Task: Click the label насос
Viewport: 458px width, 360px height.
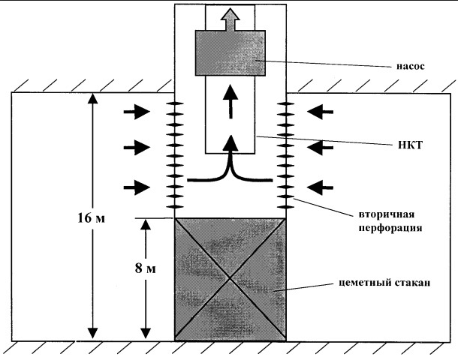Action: point(411,66)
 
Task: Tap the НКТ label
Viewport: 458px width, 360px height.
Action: point(411,145)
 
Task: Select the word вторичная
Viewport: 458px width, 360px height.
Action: point(386,214)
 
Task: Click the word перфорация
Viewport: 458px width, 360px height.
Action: point(390,228)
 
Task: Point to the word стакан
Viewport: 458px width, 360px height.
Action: point(412,283)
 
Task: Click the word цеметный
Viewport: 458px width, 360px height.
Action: point(365,283)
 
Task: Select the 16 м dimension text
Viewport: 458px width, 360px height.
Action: point(91,218)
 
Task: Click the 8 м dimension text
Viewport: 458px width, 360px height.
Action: point(146,268)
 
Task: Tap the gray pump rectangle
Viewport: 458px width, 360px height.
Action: point(231,53)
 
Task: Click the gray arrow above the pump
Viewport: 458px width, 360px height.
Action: point(231,19)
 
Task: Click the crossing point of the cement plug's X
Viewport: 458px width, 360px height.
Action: point(231,279)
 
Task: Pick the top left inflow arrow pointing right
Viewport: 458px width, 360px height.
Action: point(137,112)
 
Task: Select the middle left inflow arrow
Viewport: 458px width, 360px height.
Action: point(137,148)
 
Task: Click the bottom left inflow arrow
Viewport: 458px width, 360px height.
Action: point(137,187)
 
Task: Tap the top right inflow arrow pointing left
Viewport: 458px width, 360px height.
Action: point(320,112)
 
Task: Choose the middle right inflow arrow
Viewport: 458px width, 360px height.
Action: point(320,148)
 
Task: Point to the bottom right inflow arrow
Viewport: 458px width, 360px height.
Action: point(320,187)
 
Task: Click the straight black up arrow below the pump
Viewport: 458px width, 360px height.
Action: point(231,101)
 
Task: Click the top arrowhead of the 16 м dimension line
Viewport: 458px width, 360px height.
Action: point(93,99)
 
